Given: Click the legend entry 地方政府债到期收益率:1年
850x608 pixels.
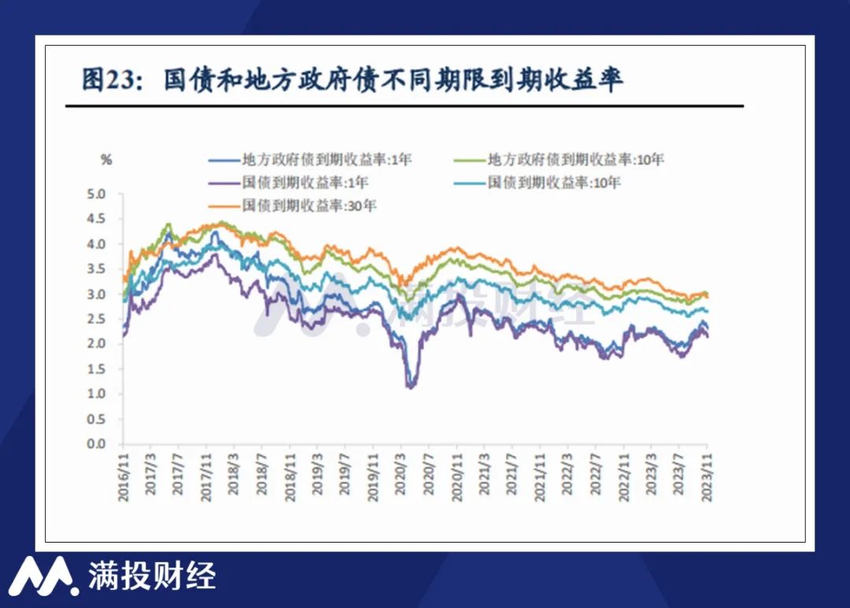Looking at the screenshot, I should (310, 159).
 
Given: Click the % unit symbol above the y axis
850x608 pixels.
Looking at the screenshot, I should (106, 160).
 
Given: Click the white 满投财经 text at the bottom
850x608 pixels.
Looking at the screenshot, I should (152, 576).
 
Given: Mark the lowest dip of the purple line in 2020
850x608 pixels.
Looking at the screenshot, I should (410, 386).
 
